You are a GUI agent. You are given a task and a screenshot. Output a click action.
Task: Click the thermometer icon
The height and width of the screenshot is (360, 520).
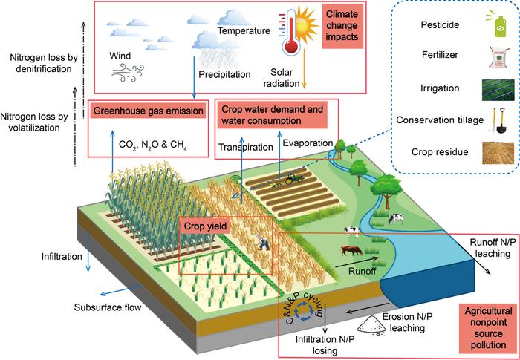coord(290,36)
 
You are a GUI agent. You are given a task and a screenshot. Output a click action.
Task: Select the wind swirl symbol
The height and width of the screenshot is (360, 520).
coord(127,73)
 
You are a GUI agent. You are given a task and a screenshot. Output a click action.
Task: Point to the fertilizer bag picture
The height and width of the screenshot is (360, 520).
coord(497,56)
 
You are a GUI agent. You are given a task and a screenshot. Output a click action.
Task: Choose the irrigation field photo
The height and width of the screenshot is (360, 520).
coord(498,90)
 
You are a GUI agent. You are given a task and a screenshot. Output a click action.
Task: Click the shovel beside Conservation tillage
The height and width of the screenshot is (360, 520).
coord(501,120)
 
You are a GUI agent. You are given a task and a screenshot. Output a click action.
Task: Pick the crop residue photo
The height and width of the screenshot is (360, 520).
coord(498,153)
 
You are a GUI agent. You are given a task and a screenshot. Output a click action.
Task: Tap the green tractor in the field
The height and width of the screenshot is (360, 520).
coord(293,180)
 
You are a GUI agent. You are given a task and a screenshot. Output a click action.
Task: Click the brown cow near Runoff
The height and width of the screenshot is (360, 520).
coord(352,250)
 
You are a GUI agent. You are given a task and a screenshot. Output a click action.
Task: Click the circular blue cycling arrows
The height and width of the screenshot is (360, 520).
coord(304,311)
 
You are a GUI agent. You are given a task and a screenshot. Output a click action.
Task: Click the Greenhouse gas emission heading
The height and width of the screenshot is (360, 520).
coord(149,111)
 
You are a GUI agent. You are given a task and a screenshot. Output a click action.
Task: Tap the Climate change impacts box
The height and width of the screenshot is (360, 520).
coord(342,26)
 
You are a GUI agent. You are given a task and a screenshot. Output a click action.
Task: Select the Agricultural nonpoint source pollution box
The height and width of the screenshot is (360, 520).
coord(488,328)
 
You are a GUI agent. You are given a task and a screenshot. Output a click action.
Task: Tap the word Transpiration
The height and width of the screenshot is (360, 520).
coord(246,147)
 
